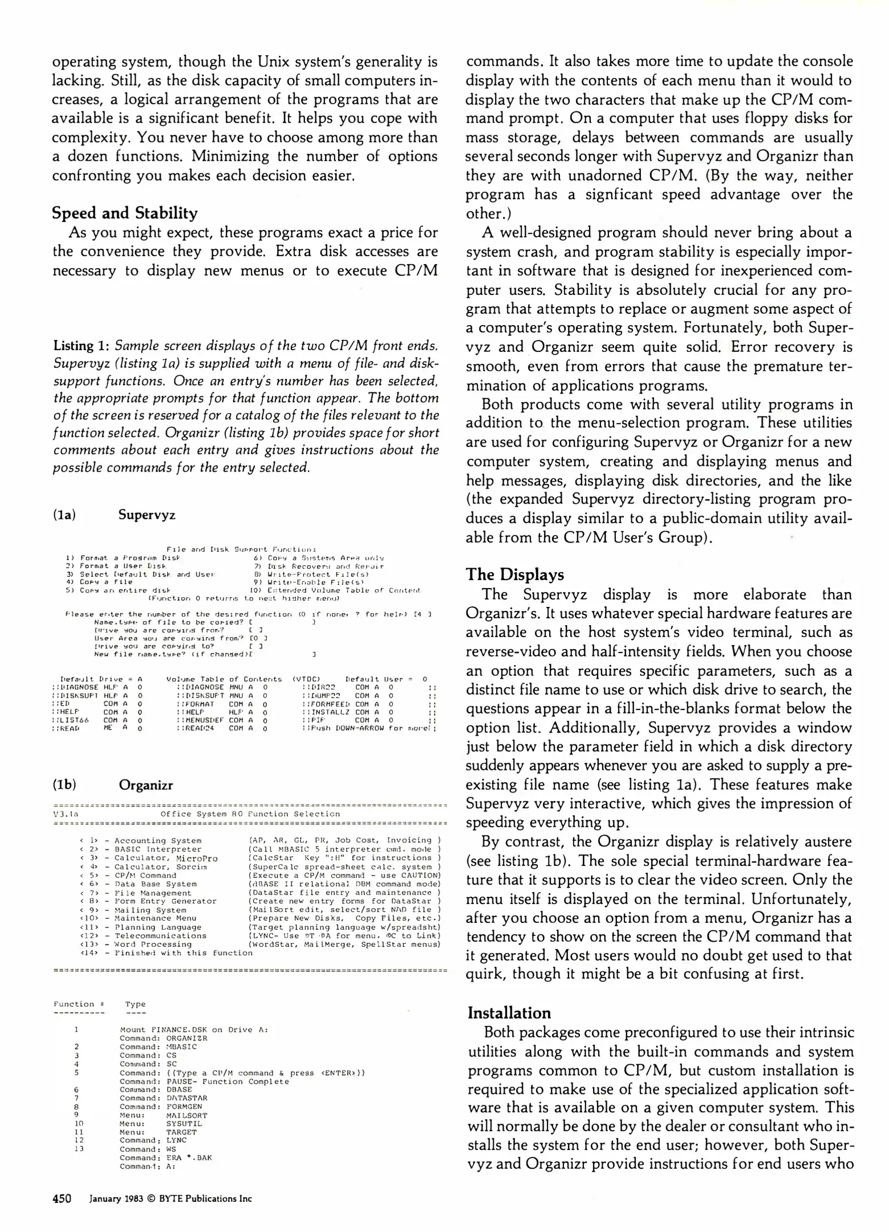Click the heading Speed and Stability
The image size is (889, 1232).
click(125, 213)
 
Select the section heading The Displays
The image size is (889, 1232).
click(515, 574)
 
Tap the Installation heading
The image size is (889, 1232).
click(509, 1013)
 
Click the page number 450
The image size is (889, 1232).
click(62, 1198)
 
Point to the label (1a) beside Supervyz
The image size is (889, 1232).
click(64, 515)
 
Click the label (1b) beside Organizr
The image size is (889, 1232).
click(64, 785)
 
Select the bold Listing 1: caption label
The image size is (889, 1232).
click(82, 346)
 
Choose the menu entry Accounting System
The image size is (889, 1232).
click(158, 841)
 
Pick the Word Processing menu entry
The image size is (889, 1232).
click(151, 945)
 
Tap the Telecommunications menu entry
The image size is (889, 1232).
click(161, 936)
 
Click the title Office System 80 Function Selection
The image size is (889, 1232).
click(250, 814)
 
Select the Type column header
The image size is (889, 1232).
click(136, 1004)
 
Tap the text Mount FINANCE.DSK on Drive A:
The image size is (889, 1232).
click(194, 1030)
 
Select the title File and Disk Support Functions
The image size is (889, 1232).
click(241, 549)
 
